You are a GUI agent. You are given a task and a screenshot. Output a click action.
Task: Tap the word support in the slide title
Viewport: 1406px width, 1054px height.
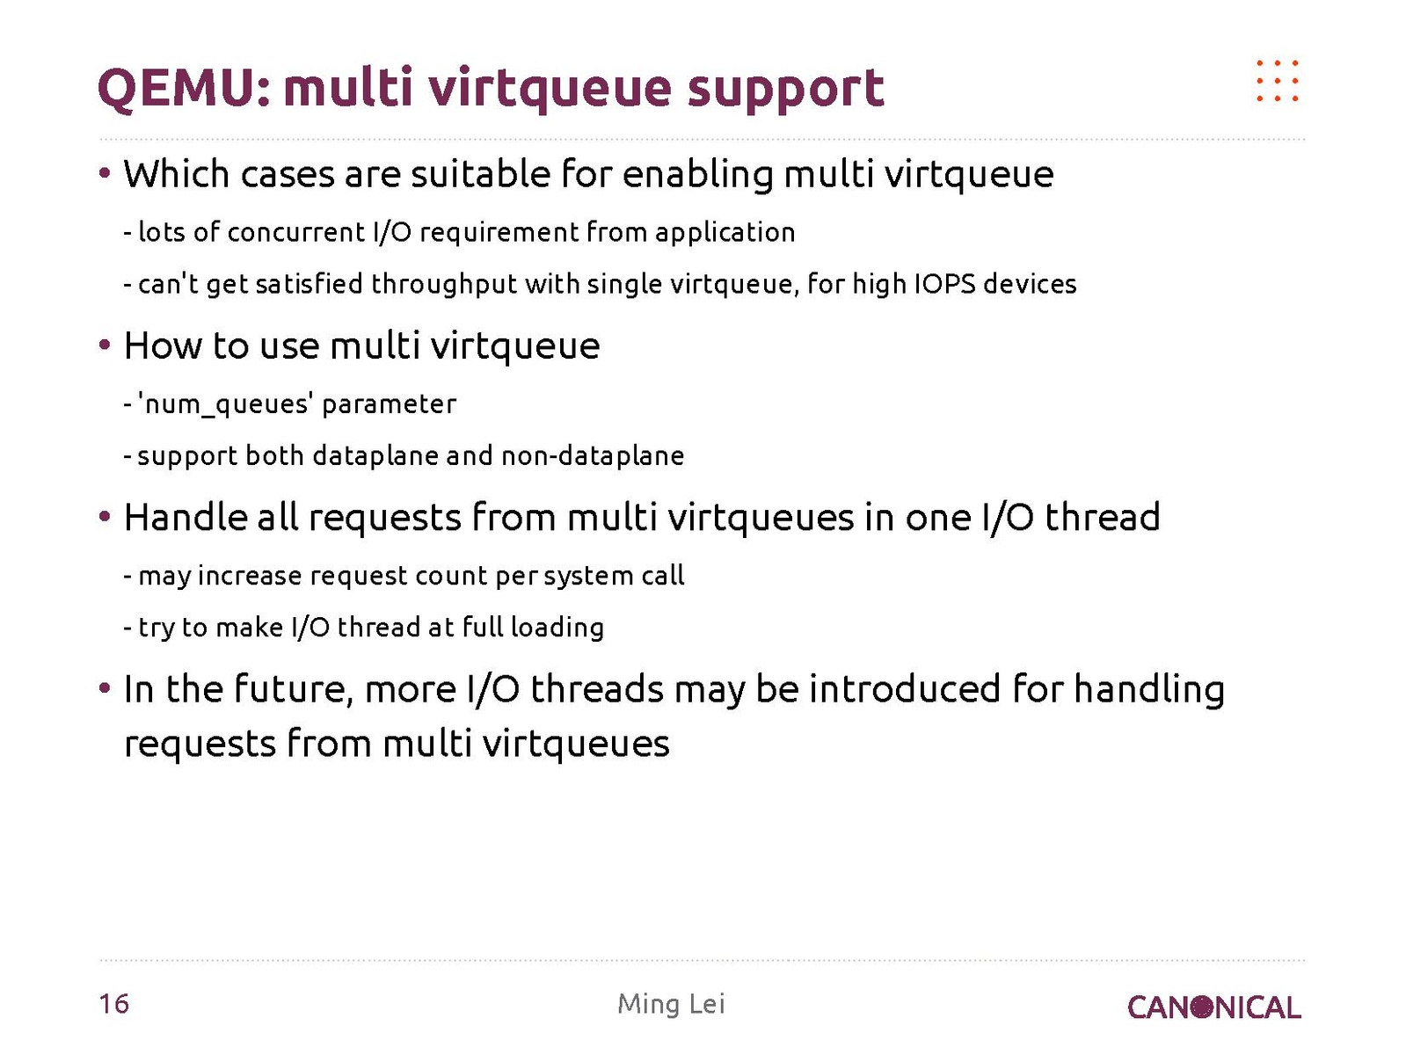pos(785,90)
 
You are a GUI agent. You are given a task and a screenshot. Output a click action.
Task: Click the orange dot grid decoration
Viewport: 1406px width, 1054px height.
pos(1278,81)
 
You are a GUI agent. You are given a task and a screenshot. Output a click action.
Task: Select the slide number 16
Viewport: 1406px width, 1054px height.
pos(114,1003)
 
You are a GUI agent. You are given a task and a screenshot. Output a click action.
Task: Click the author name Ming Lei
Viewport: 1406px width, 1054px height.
pos(671,1003)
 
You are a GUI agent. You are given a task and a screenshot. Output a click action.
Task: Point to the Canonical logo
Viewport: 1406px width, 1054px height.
pos(1213,1007)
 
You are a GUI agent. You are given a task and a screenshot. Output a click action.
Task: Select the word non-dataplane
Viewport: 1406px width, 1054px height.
pos(594,456)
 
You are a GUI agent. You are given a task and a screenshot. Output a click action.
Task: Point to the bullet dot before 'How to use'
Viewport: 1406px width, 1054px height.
pos(105,345)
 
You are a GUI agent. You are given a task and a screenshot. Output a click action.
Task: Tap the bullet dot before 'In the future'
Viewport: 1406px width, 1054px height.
pos(105,689)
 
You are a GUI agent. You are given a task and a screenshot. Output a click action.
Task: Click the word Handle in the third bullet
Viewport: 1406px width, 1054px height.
pos(186,517)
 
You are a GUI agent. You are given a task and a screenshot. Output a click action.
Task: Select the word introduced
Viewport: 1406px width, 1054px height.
pos(904,689)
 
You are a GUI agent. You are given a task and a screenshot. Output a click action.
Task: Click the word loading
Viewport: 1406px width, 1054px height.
pos(557,629)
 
